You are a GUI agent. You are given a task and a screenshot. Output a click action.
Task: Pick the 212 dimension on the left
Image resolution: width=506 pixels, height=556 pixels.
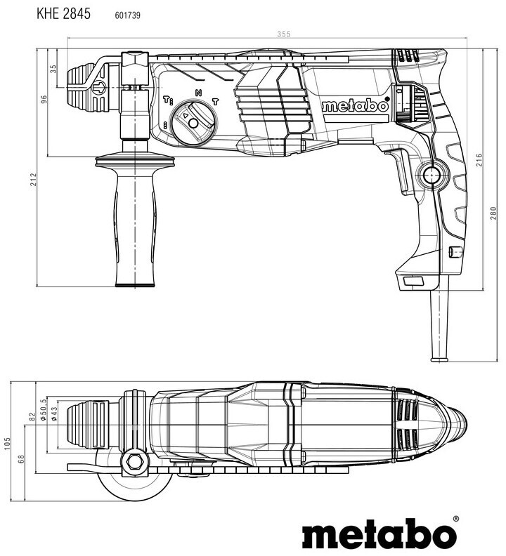click(33, 180)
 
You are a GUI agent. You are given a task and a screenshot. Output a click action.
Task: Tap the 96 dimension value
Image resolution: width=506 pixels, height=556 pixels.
click(43, 99)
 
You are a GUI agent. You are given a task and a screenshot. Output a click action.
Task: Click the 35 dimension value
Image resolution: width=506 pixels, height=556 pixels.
click(53, 69)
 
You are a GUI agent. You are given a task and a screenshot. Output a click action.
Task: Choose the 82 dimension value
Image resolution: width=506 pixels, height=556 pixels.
click(32, 418)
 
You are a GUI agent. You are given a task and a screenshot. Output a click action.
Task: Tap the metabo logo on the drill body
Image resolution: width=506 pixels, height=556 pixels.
click(355, 107)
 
